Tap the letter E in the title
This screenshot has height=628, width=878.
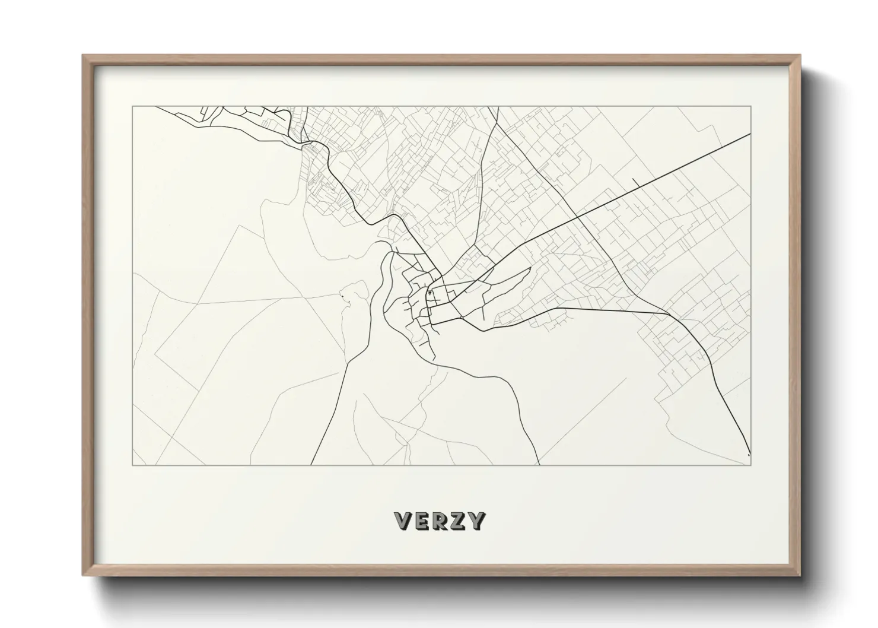click(x=422, y=521)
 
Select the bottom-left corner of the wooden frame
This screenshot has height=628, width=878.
click(x=83, y=575)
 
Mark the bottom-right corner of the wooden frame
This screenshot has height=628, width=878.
click(x=800, y=575)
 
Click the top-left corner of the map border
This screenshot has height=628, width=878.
click(x=133, y=107)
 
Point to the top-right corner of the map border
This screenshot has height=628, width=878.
click(x=751, y=107)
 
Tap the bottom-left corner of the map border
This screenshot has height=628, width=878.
click(x=133, y=464)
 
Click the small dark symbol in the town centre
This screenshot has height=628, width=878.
click(x=429, y=293)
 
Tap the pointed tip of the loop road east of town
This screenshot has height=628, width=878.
click(x=529, y=268)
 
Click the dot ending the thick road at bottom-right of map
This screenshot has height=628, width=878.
click(x=749, y=455)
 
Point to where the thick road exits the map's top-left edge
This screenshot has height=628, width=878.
click(x=156, y=107)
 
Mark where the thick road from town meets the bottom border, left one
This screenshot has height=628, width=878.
click(x=311, y=464)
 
